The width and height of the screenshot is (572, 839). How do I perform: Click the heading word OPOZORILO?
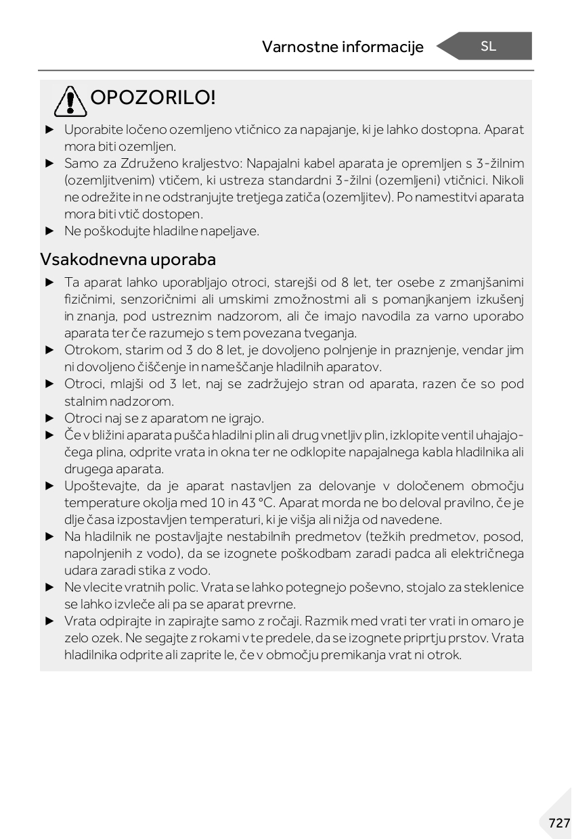click(153, 98)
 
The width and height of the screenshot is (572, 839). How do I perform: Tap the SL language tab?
click(488, 46)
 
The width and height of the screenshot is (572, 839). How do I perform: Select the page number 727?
click(559, 823)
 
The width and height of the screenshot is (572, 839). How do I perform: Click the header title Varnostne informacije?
click(343, 47)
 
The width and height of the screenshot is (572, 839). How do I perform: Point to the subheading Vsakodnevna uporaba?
click(128, 259)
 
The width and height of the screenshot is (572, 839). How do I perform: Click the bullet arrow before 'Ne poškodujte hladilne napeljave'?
click(49, 231)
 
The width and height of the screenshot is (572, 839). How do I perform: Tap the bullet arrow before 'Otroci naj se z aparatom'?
click(49, 418)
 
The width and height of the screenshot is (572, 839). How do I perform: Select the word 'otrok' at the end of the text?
click(445, 655)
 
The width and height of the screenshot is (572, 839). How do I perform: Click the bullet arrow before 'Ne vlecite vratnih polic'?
click(49, 588)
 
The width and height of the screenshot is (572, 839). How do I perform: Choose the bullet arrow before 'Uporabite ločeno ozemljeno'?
click(49, 129)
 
